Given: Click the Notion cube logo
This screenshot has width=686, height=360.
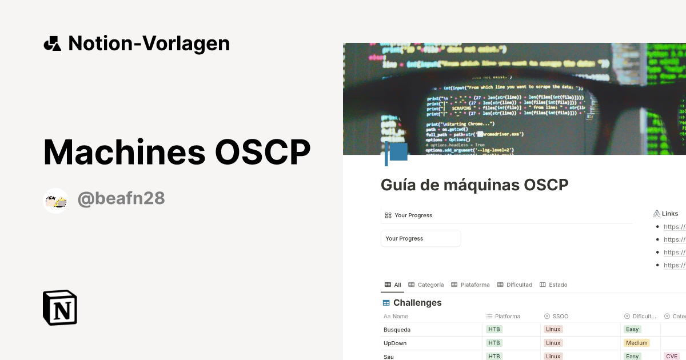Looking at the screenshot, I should pos(60,307).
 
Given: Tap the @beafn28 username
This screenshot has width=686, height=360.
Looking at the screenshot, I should pos(121,198).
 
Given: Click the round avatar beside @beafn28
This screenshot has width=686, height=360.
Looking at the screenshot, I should pos(56,201).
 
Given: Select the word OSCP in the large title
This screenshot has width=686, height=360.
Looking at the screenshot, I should pos(262,152).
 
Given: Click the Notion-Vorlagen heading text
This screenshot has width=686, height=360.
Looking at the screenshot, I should pos(149,43).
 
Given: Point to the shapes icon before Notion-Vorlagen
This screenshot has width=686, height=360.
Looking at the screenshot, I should pos(52,43).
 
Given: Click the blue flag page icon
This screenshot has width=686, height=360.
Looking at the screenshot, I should pos(396,153).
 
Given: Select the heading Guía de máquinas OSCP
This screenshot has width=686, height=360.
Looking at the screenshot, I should pos(474,185).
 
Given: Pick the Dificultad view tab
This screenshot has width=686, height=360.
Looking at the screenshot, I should pos(514,285).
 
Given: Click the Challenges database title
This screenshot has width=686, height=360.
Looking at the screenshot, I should pos(417,302).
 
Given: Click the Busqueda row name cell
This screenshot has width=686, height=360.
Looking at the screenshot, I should pos(397,330).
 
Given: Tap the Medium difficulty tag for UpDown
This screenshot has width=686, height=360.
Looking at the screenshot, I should pos(636,343).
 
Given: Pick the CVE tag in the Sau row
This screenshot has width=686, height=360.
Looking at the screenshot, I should pos(671,357).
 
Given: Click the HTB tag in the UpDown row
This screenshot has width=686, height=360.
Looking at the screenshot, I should pos(494,343).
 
